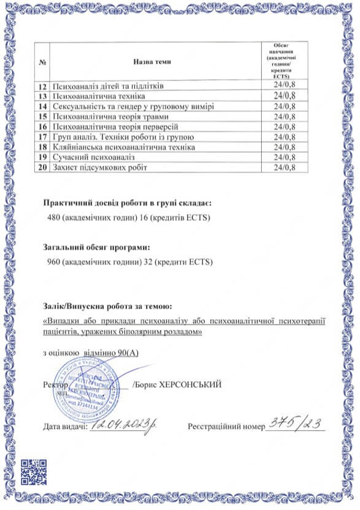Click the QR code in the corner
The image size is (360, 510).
point(33,472)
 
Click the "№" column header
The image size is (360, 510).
point(43,62)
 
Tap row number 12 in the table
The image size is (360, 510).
point(43,85)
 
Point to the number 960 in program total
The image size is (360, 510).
point(55,262)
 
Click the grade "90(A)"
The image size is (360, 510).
point(126,354)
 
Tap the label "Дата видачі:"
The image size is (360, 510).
point(65,426)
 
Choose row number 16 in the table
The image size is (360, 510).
point(43,127)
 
